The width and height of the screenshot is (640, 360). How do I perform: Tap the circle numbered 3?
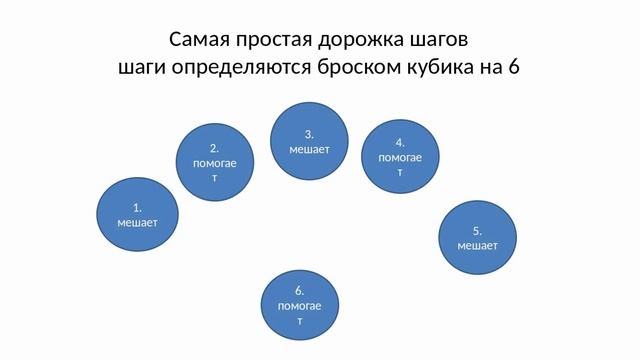(x=310, y=141)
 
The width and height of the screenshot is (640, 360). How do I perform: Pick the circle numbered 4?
(x=399, y=157)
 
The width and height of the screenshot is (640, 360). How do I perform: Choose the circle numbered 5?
(x=478, y=237)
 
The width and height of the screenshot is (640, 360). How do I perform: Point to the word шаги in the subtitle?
(x=141, y=68)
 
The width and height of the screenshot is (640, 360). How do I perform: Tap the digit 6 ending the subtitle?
(x=514, y=68)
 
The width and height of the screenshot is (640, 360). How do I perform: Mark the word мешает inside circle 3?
(x=310, y=149)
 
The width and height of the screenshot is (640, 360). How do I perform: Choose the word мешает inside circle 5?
(x=478, y=245)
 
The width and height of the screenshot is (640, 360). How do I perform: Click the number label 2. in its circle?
(x=215, y=146)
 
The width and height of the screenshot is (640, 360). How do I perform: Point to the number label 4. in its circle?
(x=399, y=142)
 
